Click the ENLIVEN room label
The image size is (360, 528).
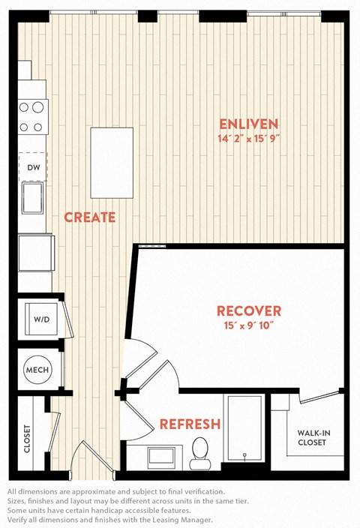[249, 124]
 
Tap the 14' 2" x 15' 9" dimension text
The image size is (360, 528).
[249, 139]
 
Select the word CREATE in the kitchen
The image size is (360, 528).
[90, 217]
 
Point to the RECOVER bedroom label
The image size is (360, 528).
[249, 310]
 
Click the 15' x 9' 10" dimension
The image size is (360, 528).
[249, 325]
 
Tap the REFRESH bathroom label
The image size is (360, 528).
[190, 424]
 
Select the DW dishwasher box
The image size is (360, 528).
[33, 167]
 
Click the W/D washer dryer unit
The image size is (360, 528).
[42, 319]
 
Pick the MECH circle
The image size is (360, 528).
[37, 370]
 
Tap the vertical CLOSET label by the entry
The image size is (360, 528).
[27, 439]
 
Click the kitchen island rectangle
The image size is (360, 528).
[112, 163]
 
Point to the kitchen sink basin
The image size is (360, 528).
[33, 198]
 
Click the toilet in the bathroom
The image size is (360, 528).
[200, 453]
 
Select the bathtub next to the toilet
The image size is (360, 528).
[244, 428]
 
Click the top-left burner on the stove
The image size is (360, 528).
[23, 107]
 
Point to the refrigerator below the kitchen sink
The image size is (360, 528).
[36, 253]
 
